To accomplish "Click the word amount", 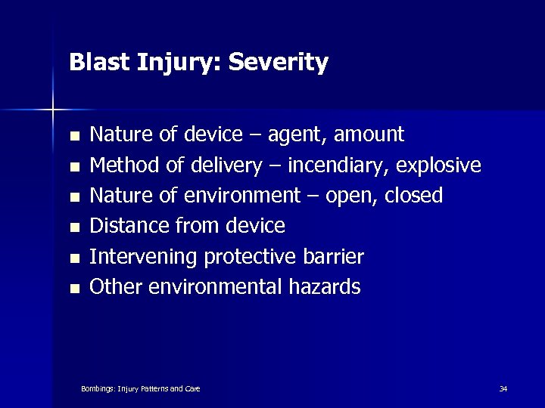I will click(369, 135).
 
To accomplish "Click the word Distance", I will click(129, 226).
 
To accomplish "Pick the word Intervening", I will click(144, 257).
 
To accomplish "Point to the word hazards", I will click(329, 287).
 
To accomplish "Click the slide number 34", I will click(503, 389).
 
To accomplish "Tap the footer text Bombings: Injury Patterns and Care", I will click(140, 389).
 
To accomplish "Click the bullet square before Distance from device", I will click(73, 227).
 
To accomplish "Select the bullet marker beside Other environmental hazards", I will click(73, 289).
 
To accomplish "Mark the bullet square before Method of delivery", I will click(73, 166).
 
